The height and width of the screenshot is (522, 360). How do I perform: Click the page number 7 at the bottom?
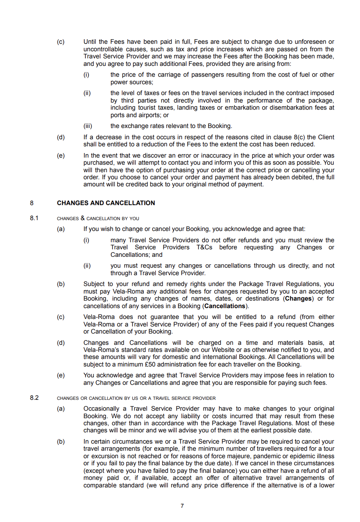pyautogui.click(x=182, y=506)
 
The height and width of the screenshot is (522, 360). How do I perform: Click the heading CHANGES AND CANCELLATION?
pyautogui.click(x=106, y=203)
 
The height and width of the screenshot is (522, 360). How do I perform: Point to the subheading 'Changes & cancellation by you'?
pyautogui.click(x=98, y=218)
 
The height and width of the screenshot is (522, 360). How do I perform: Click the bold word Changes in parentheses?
pyautogui.click(x=298, y=299)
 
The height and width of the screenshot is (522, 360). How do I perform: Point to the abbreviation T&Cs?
pyautogui.click(x=204, y=247)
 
